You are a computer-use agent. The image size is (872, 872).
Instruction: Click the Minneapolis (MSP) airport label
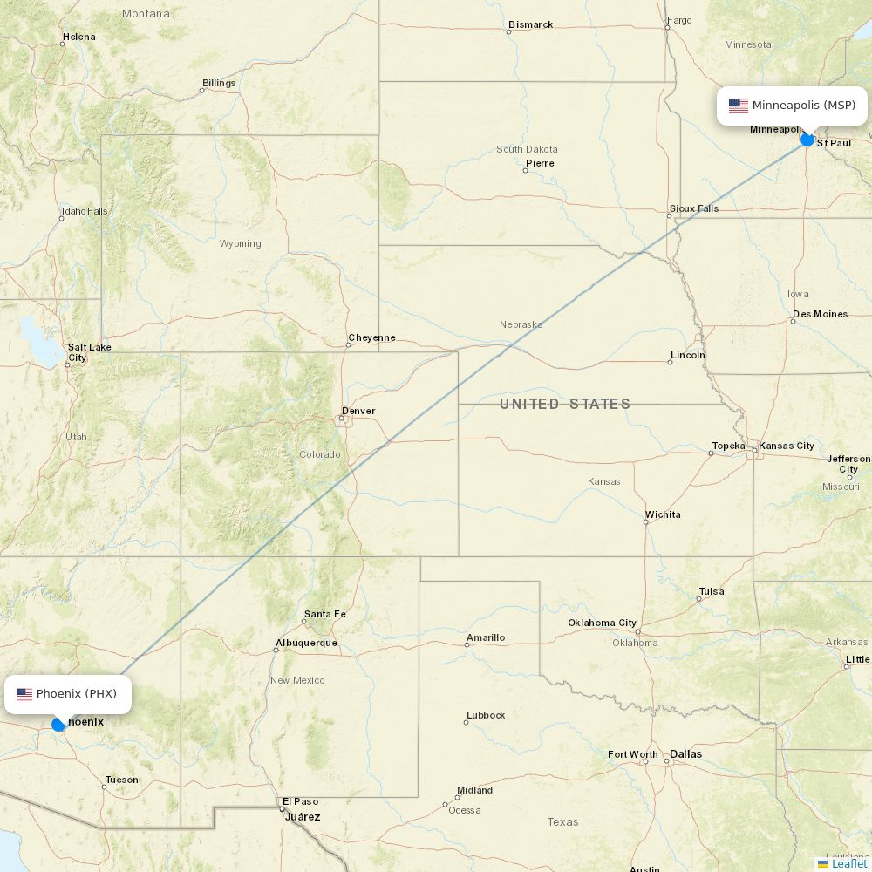[793, 106]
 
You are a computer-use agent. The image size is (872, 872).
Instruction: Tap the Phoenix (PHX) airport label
[68, 694]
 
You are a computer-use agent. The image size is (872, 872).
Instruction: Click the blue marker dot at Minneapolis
[807, 140]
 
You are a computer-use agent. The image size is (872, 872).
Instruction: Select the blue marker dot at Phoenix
[58, 724]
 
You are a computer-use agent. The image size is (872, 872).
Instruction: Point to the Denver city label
[358, 411]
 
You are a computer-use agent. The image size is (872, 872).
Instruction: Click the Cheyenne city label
[371, 337]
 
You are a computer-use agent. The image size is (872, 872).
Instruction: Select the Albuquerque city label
[306, 643]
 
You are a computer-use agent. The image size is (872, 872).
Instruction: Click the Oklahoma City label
[603, 623]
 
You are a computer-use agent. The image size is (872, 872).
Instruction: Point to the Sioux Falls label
[694, 208]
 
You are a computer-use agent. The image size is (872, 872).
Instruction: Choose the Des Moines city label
[820, 314]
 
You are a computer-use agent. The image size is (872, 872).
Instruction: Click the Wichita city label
[663, 514]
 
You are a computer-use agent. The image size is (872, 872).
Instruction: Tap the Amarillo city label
[486, 637]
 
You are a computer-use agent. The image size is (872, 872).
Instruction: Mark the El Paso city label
[300, 801]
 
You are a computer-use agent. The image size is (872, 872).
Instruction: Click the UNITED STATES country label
[565, 404]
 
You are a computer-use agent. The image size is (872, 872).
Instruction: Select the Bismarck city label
[531, 24]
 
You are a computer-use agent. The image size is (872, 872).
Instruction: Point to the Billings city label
[219, 83]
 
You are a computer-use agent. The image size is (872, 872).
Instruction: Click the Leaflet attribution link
[849, 863]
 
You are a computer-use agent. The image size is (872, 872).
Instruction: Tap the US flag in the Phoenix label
[24, 694]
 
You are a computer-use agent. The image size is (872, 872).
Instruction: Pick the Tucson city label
[122, 780]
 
